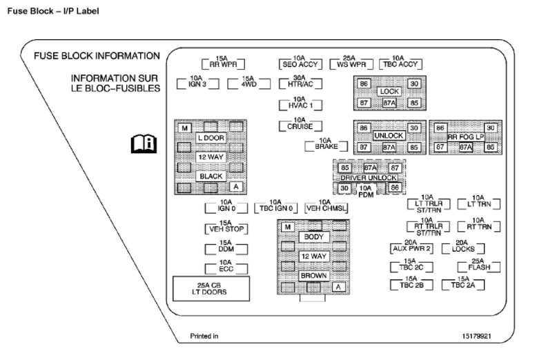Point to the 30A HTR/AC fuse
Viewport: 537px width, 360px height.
(x=297, y=84)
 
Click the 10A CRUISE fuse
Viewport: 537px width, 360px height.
(x=297, y=126)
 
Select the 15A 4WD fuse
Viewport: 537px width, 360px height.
(x=247, y=84)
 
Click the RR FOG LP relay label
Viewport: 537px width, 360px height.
(x=465, y=137)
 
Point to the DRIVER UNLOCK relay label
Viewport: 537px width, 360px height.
(x=369, y=178)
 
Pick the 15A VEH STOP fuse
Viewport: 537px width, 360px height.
(x=225, y=228)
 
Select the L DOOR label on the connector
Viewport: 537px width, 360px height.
(x=211, y=137)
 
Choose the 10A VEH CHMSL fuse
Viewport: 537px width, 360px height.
(x=325, y=208)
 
